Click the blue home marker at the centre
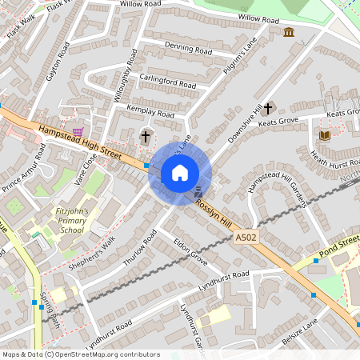click(x=180, y=172)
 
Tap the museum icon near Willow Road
click(x=288, y=32)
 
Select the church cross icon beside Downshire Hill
click(x=268, y=107)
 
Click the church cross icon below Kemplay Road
click(x=146, y=136)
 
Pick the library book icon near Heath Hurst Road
click(x=324, y=135)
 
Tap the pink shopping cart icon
click(x=77, y=132)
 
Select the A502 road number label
click(x=246, y=238)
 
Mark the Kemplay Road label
click(x=150, y=114)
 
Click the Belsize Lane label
click(x=299, y=332)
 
